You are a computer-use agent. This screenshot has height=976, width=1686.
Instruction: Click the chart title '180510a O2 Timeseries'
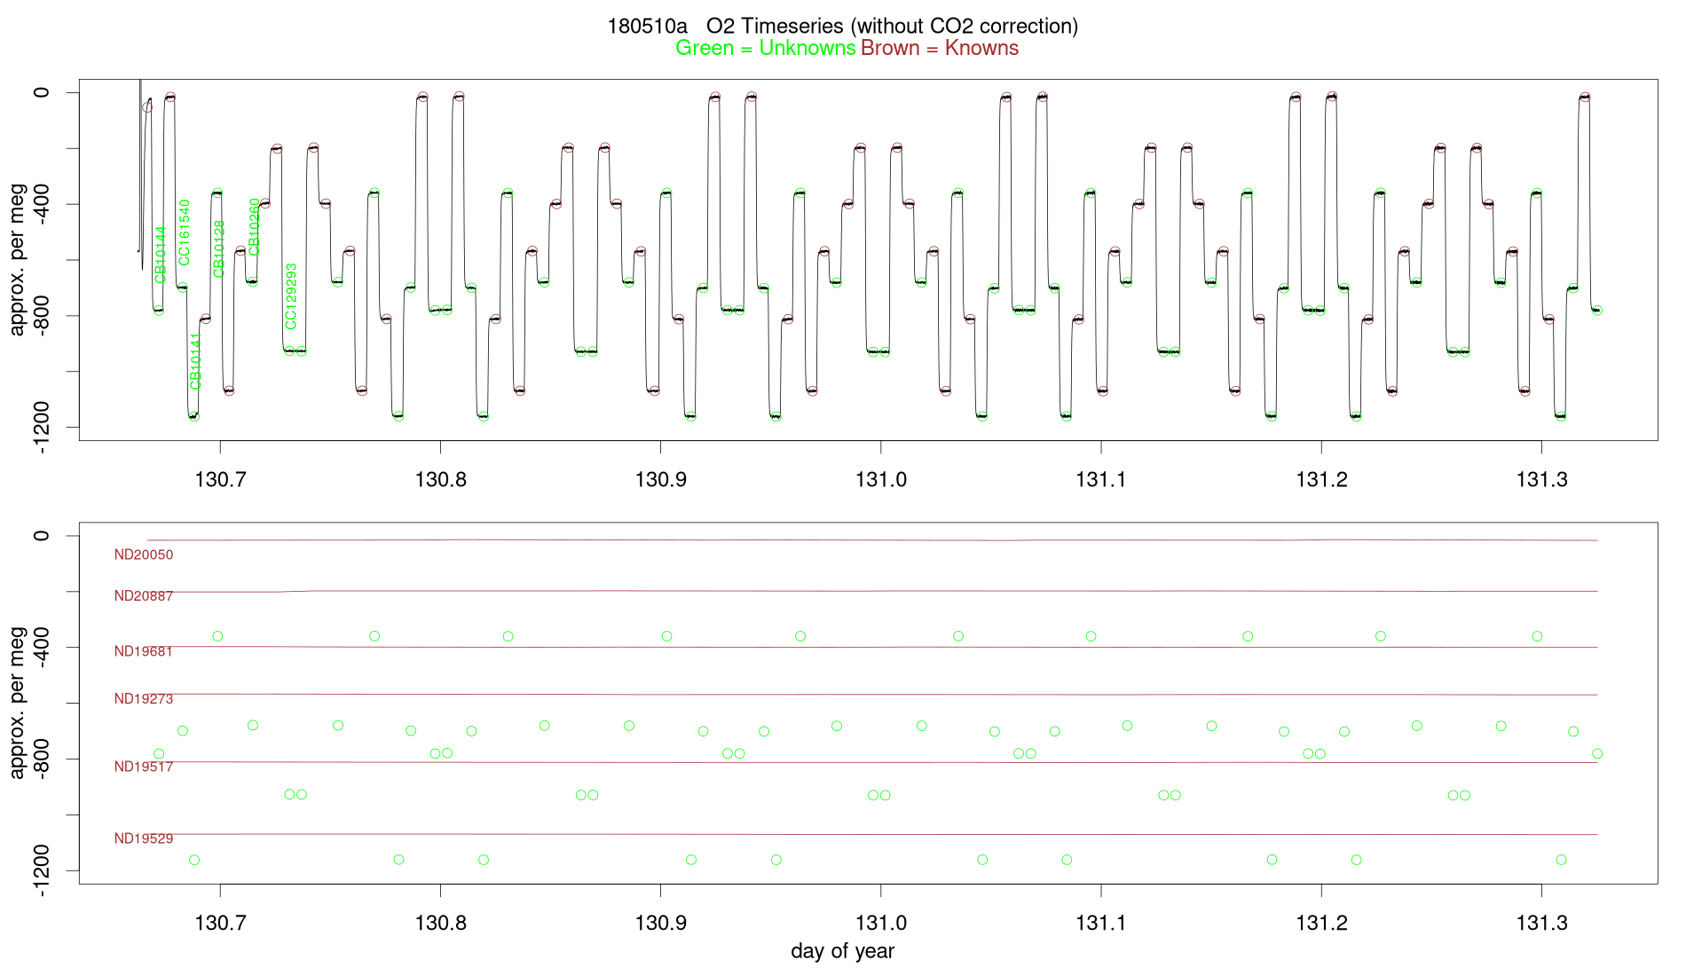(842, 26)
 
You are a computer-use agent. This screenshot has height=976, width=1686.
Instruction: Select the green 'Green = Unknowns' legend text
(765, 48)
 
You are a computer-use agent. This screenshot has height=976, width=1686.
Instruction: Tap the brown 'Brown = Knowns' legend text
(940, 48)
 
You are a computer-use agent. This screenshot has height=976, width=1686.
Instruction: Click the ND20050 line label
(144, 555)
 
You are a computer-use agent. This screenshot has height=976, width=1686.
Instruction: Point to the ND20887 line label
(144, 596)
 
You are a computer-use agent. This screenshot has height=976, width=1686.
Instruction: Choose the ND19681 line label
(144, 651)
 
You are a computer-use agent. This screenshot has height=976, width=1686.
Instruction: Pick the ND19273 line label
(144, 699)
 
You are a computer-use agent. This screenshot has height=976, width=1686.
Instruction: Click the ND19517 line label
(144, 767)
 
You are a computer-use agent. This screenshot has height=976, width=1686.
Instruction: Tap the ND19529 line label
(144, 838)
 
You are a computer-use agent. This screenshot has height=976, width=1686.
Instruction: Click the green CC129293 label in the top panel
(291, 296)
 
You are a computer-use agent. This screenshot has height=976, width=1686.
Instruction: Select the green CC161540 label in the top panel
(185, 232)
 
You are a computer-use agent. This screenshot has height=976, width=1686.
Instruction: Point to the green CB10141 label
(196, 361)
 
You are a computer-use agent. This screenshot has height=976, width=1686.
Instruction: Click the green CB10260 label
(255, 227)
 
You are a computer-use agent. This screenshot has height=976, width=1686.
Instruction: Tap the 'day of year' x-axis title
(842, 951)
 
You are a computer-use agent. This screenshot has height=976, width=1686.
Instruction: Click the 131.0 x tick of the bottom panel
(881, 924)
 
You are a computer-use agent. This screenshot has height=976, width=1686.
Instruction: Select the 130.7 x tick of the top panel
(220, 480)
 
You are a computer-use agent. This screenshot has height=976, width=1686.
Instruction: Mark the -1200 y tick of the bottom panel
(42, 870)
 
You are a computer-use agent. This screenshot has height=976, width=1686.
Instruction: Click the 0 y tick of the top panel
(42, 92)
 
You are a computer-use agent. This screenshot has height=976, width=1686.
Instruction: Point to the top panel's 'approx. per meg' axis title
(17, 259)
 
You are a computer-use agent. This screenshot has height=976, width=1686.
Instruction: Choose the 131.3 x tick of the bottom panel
(1541, 924)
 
